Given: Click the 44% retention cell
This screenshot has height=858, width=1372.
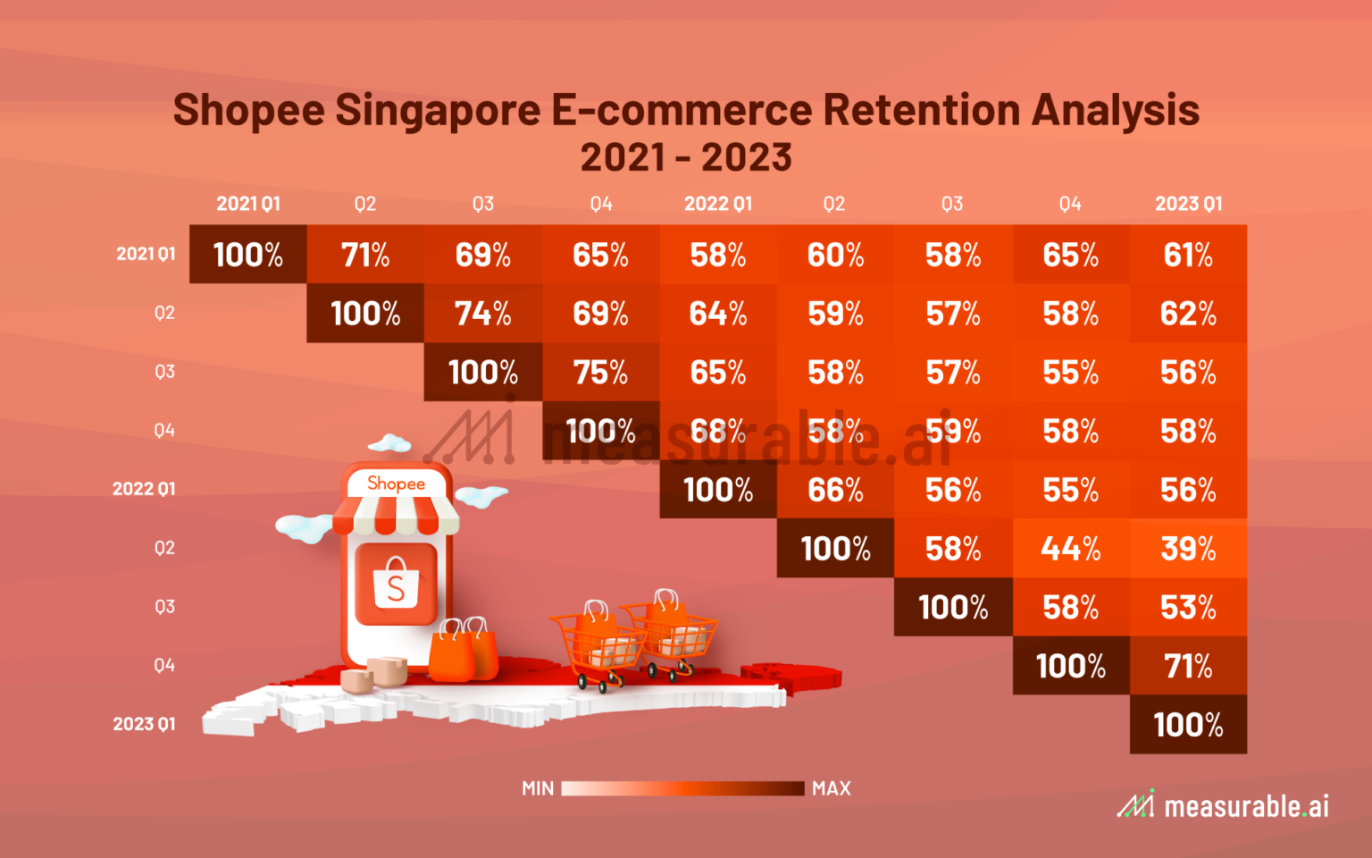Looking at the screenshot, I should coord(1070,549).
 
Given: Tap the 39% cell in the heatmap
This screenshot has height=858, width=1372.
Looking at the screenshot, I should coord(1188,549).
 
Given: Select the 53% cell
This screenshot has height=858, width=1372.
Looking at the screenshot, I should coord(1188,608).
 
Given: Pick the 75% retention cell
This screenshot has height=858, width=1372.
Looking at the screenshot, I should coord(600,373).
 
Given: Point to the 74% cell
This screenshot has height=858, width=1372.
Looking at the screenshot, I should coord(482,314).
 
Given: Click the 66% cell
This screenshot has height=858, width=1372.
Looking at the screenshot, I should coord(835,490).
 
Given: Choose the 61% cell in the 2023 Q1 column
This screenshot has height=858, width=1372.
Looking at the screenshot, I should coord(1188,256).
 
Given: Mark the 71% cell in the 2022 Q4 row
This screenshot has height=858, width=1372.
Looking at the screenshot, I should coord(1188,666).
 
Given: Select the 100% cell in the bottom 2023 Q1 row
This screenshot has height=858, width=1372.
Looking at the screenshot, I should coord(1188,725).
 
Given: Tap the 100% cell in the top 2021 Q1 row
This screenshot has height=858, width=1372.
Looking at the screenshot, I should coord(247,256).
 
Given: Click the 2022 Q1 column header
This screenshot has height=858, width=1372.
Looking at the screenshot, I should coord(718,204).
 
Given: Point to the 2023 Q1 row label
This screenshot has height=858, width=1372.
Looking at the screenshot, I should coord(144,724).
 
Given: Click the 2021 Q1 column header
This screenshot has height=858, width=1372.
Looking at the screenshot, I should coord(247,204).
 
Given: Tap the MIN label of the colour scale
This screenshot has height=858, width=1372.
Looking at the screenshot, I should coord(538,788).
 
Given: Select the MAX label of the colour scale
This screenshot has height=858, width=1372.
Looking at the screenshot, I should coord(832,788).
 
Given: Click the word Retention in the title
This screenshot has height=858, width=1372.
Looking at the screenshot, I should coord(921,111).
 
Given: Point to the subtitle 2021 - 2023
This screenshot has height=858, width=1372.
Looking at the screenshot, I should coord(686,157).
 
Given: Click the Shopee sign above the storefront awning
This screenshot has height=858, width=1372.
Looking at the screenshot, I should coord(397,484).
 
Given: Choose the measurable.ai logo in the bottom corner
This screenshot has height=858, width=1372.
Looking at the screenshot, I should coord(1224,805).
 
